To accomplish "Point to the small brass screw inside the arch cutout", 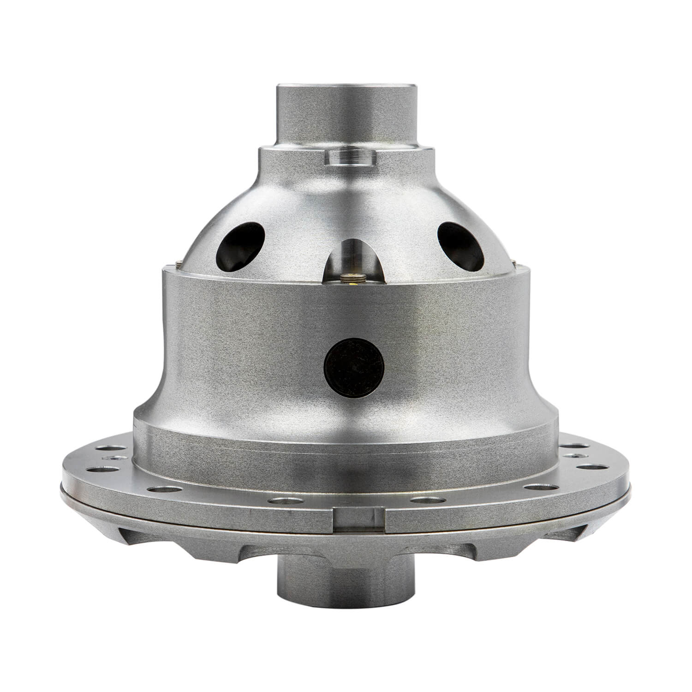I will tap(354, 276).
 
